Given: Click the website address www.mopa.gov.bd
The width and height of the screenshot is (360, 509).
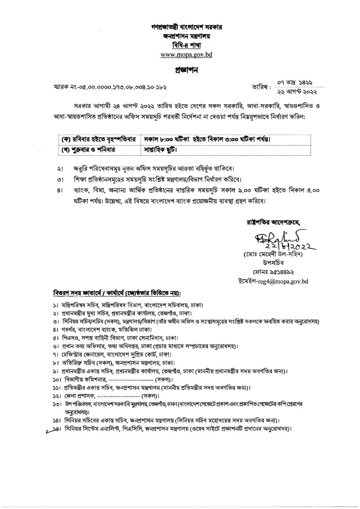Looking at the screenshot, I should tap(186, 55).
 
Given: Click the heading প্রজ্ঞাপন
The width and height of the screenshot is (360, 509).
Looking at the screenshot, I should tap(186, 70).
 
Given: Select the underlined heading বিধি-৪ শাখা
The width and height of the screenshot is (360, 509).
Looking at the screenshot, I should tap(186, 45).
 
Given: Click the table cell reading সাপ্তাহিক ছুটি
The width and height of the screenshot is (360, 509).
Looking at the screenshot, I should tap(160, 150).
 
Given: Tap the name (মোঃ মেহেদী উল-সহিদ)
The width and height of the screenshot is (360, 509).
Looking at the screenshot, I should tap(273, 254).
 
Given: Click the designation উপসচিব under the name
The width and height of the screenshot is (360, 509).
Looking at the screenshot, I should tap(273, 263).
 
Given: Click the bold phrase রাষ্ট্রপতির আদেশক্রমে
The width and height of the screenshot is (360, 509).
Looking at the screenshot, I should tap(273, 222).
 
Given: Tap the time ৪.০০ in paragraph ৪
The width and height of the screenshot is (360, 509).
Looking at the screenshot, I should tap(313, 190).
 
